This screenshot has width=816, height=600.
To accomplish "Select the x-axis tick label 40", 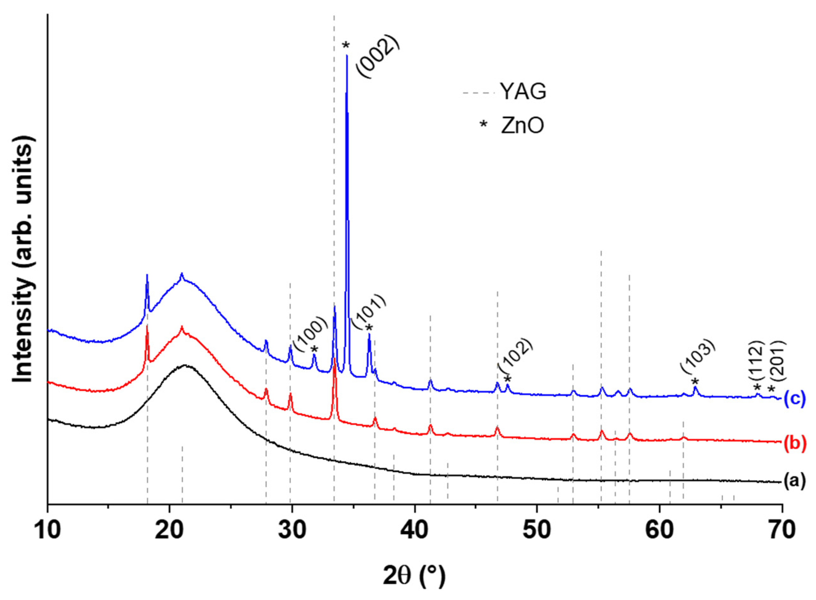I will (x=414, y=530).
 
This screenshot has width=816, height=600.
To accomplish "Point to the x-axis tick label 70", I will (x=781, y=530).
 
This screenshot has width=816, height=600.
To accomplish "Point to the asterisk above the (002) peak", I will (x=345, y=45).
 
